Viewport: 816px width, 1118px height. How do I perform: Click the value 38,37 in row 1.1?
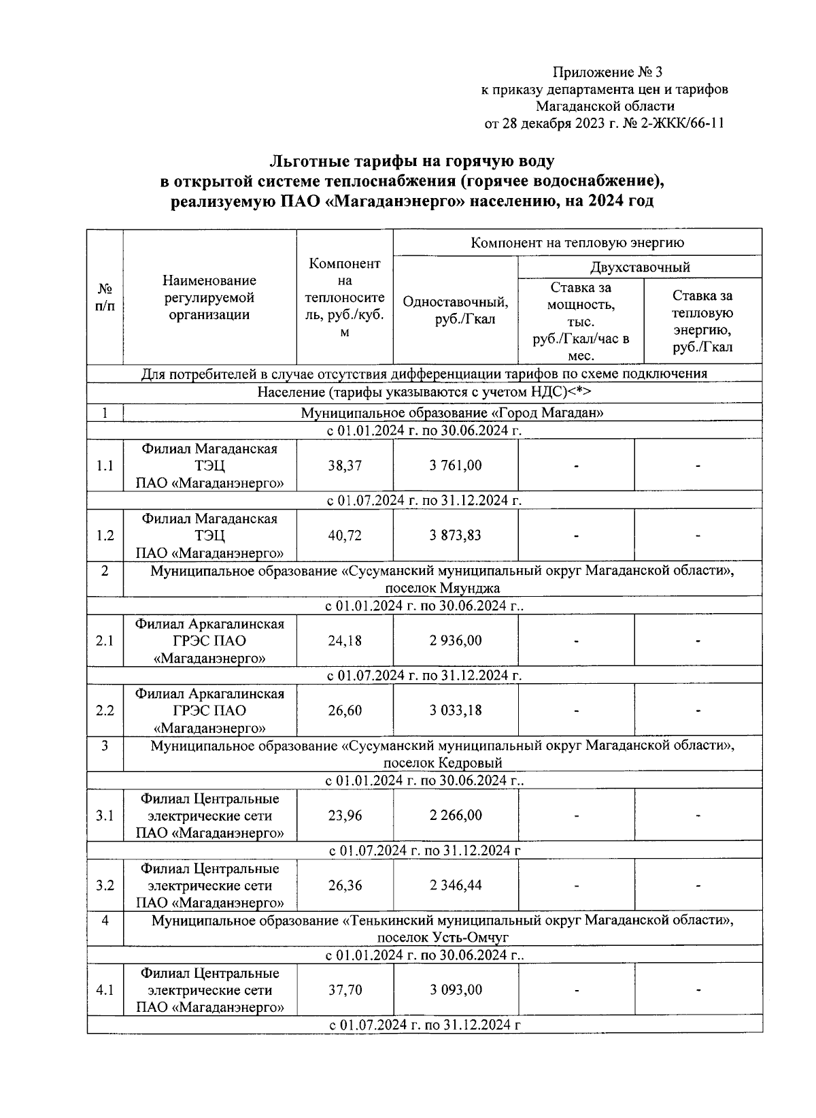pos(345,466)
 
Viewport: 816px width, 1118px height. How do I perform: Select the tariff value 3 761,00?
pos(455,466)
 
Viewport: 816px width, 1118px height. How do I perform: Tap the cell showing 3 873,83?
pos(455,536)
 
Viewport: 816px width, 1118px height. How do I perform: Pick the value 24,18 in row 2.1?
pos(345,641)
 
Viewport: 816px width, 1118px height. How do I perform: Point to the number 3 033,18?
pos(455,710)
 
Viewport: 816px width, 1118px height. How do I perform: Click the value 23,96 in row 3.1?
pos(345,816)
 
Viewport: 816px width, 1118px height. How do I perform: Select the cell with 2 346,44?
pos(455,885)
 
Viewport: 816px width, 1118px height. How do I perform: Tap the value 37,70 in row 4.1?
pos(345,990)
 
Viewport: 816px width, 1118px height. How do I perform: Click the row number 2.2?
pos(105,710)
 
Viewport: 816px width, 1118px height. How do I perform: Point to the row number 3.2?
pos(105,885)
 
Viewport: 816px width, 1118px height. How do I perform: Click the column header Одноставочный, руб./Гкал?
pos(455,310)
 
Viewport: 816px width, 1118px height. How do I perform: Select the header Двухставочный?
pos(639,267)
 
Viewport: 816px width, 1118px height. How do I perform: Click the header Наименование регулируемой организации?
pos(209,297)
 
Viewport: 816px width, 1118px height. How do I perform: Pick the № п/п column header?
pos(105,297)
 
